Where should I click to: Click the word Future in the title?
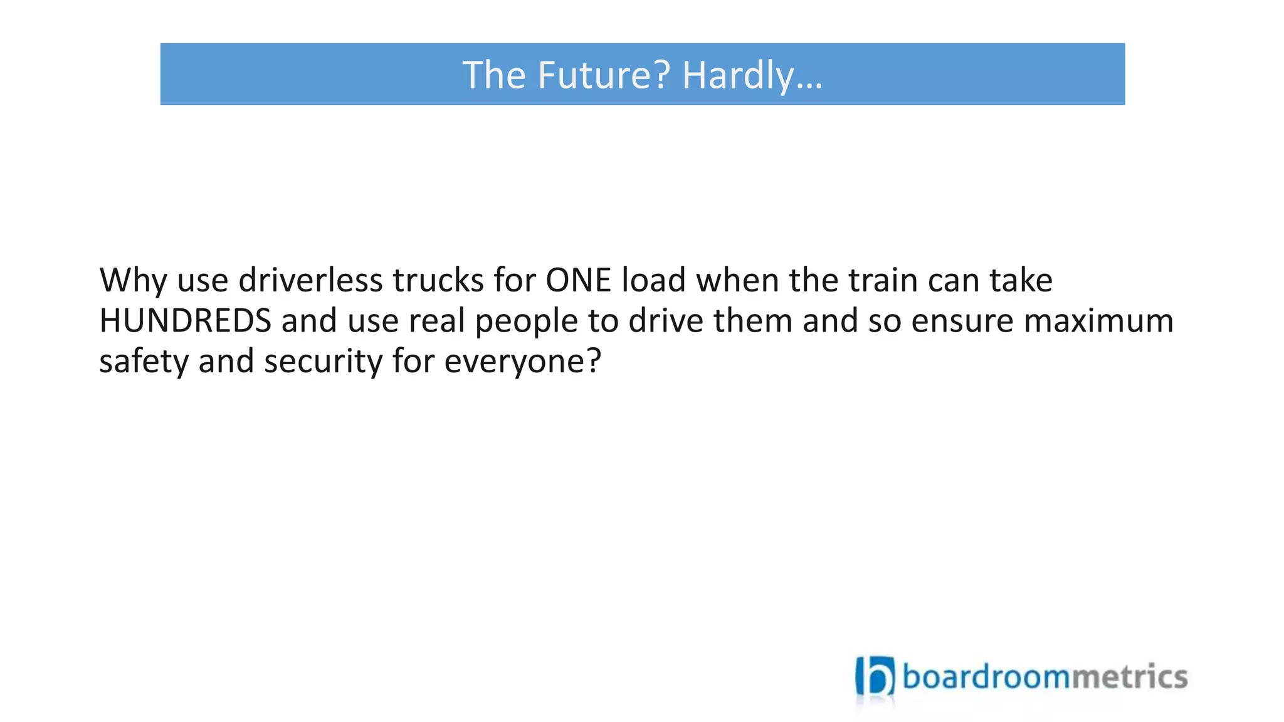[603, 75]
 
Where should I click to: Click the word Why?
[132, 280]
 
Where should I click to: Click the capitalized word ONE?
[578, 280]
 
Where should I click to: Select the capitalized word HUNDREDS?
[185, 321]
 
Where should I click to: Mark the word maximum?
[1098, 321]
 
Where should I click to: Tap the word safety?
[144, 362]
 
